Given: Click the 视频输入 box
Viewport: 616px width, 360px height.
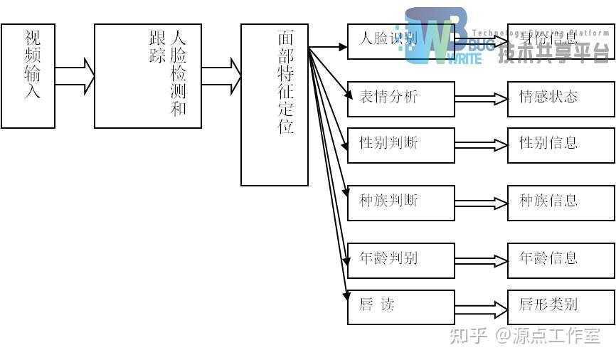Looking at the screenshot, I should pos(28,76).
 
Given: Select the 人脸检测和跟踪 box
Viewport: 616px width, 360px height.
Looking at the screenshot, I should pos(148,76).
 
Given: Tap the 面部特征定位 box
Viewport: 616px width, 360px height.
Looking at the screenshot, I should pos(275,105).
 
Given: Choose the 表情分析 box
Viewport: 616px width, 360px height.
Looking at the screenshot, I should pos(401,99).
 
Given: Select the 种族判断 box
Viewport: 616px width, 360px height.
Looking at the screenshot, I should pos(401,203).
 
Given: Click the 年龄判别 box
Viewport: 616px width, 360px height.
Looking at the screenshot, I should pos(401,260).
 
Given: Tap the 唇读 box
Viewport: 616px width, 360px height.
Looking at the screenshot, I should pos(401,307).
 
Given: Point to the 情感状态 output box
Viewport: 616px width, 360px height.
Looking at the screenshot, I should pos(561,99).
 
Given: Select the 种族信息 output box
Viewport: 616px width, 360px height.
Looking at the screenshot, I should pos(561,203).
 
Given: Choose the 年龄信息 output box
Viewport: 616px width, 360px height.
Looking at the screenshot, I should pos(561,260).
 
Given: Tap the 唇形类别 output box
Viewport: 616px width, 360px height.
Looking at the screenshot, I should pos(561,307).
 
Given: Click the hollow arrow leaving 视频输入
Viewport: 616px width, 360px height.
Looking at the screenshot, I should pos(75,76).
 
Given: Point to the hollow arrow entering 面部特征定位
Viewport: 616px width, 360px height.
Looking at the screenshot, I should pos(221,76).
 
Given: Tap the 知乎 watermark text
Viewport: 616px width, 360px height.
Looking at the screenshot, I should pos(468,335).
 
